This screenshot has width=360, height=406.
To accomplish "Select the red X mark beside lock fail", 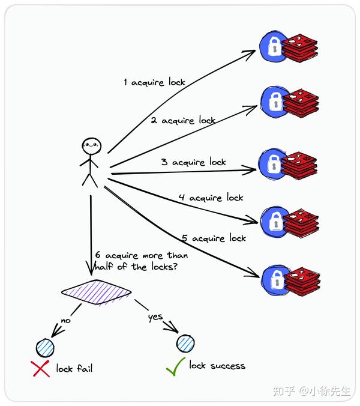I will coord(40,368).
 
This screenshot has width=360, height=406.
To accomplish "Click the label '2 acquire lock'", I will coord(182,121).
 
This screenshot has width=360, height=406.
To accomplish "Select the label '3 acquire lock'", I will coord(193,162).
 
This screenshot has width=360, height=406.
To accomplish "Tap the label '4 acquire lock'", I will coord(211,198).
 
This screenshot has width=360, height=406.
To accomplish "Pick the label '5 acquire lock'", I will coord(214,238).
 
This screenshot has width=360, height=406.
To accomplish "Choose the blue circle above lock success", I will coord(186,343).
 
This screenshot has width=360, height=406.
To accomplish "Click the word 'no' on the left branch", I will coord(65,321).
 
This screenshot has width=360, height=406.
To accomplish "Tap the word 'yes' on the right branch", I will coord(155,317).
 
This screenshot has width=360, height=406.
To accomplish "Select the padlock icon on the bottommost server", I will coord(276,279).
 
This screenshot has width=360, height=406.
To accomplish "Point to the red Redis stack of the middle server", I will coord(299,164).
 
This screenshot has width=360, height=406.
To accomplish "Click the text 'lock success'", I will coord(217,365).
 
